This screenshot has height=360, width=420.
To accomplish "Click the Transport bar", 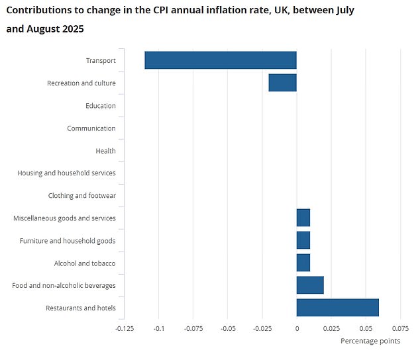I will [x=221, y=60].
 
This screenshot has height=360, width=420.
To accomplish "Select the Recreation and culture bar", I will [x=282, y=83].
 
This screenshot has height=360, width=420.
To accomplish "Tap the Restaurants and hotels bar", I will [x=337, y=308].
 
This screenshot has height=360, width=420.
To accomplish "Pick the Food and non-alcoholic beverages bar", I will [x=310, y=285].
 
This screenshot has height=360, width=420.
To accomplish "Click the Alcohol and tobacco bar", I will [x=303, y=263].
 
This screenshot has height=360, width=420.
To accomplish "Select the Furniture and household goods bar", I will [x=303, y=240].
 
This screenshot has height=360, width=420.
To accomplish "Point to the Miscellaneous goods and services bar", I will [x=303, y=218].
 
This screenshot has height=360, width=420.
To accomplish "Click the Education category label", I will [x=100, y=106].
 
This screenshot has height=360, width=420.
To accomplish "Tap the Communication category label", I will [x=91, y=128].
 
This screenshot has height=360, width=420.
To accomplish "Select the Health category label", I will [x=105, y=151].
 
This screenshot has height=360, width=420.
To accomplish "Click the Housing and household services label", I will [x=66, y=173].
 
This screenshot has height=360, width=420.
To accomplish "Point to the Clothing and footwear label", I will [x=81, y=196].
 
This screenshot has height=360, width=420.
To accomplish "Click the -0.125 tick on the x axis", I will [x=124, y=328].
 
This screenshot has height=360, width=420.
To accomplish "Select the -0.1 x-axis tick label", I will [x=158, y=328].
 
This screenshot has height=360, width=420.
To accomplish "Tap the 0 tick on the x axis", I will [x=296, y=328].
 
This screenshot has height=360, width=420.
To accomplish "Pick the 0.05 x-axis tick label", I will [x=366, y=328].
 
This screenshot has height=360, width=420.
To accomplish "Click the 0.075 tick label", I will [x=399, y=328].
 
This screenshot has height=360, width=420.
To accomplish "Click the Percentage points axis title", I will [x=370, y=341].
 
